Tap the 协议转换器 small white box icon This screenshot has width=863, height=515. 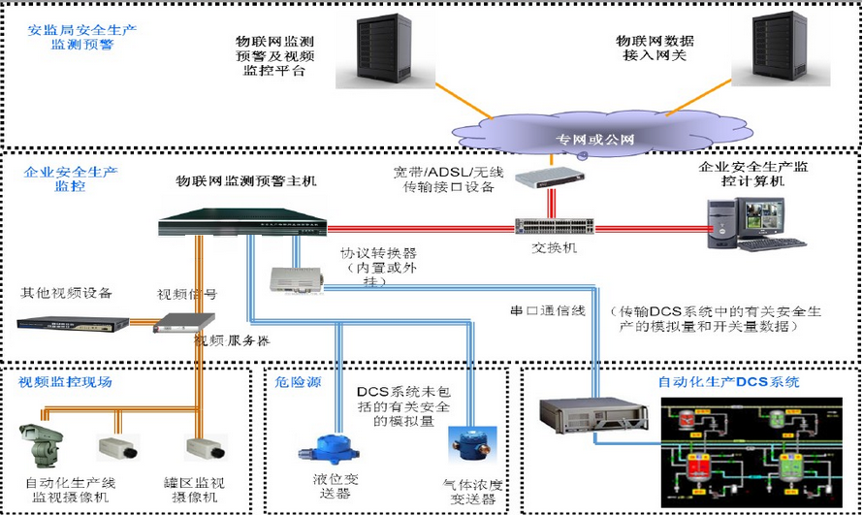click(x=294, y=278)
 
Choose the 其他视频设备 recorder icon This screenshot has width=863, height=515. click(x=72, y=323)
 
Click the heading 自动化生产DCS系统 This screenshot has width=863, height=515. click(x=728, y=382)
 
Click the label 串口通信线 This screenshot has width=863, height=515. click(x=549, y=311)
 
